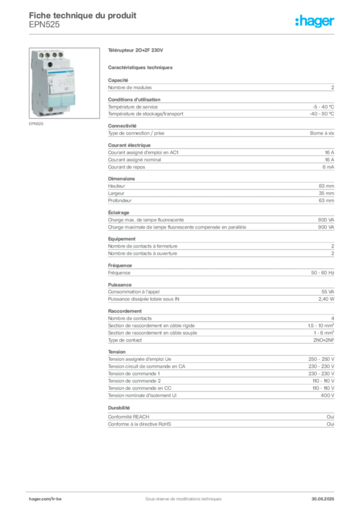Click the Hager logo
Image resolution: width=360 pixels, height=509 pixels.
[314, 21]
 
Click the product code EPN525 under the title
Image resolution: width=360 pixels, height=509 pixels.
[44, 25]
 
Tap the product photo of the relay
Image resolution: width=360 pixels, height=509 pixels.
[64, 83]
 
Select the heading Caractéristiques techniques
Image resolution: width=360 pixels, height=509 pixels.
[140, 68]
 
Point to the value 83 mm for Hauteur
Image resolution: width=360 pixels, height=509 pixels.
[326, 186]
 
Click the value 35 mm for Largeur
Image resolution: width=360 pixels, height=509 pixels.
[326, 193]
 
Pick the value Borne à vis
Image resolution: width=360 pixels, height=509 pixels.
[322, 133]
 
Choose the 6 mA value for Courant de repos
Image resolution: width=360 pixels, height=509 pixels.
[328, 167]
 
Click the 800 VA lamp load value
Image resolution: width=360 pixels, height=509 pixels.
[326, 220]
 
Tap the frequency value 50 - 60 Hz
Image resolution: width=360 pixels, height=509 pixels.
[322, 273]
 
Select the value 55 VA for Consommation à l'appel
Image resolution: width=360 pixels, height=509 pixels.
[328, 292]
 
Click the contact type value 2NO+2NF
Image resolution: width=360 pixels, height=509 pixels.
[323, 340]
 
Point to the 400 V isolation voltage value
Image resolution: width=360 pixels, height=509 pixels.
[327, 395]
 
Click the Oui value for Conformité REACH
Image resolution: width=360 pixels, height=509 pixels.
[330, 417]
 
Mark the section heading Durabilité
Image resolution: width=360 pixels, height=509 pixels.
[119, 408]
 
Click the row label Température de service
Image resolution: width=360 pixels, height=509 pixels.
[133, 107]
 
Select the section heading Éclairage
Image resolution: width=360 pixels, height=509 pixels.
[118, 212]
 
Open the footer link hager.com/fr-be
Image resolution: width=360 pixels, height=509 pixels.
[45, 499]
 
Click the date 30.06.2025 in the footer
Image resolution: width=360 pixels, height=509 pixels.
[323, 499]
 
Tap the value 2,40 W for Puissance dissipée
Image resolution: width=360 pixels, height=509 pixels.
[326, 299]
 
